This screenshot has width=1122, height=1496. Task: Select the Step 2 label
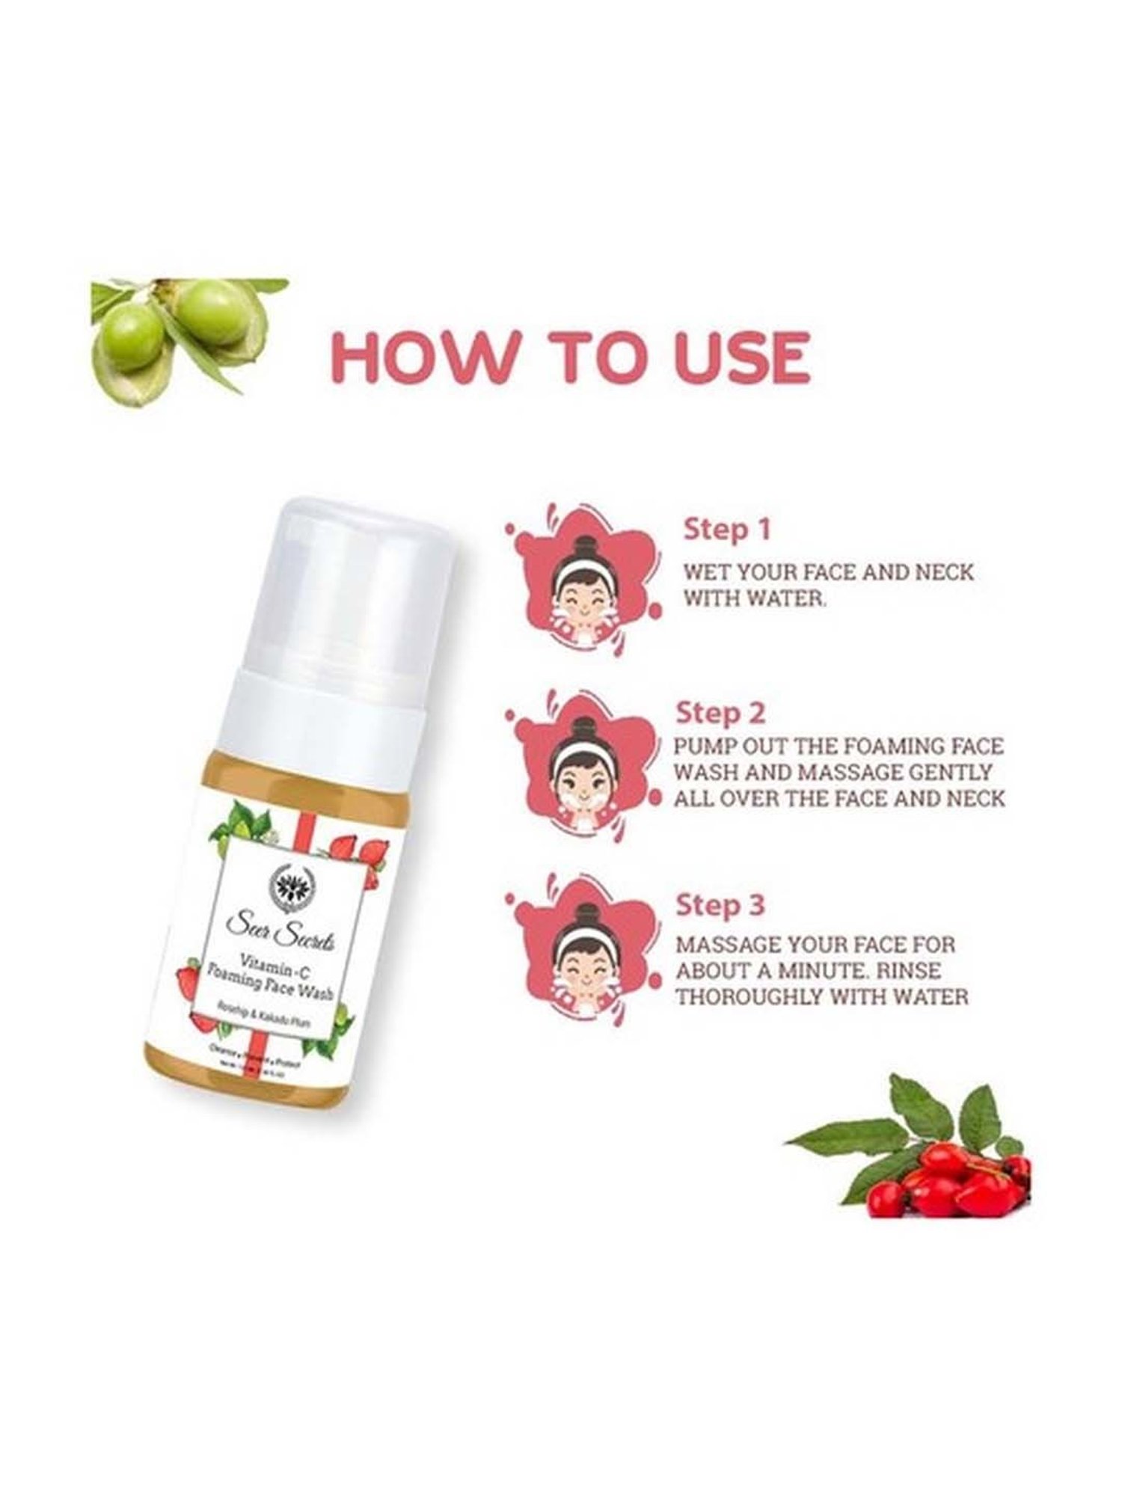click(720, 713)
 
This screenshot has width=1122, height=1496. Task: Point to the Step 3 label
click(720, 905)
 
